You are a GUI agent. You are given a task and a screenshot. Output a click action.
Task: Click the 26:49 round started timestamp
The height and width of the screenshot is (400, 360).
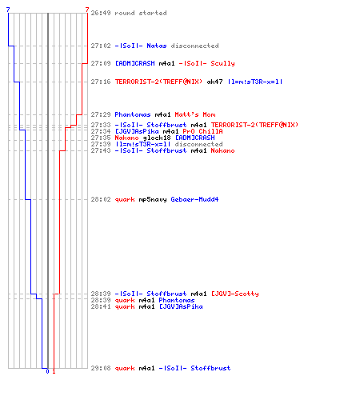tap(101, 13)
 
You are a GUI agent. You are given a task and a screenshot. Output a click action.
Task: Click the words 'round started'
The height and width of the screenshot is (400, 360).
tap(141, 13)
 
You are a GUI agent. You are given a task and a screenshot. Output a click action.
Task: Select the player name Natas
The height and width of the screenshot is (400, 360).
tap(157, 46)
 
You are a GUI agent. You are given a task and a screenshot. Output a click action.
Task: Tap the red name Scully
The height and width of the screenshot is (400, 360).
tap(222, 63)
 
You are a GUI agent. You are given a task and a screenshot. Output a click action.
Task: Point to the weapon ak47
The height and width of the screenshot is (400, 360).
tap(214, 82)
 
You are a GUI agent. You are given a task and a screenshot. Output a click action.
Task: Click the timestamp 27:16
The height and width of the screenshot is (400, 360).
tap(101, 82)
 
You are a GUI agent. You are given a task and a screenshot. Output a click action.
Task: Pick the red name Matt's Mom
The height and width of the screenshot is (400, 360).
tap(195, 114)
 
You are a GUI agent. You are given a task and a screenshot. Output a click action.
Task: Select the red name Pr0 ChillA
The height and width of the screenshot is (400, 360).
tap(202, 131)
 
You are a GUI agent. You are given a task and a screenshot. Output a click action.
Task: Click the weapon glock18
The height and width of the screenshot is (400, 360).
tap(157, 138)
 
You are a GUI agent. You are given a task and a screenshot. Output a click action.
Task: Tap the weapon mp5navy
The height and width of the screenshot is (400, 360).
tap(153, 199)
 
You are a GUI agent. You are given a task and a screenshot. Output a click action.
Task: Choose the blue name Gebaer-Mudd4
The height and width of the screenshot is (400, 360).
tap(194, 199)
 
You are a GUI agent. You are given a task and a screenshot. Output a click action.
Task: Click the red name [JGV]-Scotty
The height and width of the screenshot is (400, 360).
tap(235, 294)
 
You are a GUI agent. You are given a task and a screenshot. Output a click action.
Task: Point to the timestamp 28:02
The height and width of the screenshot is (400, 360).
tap(101, 199)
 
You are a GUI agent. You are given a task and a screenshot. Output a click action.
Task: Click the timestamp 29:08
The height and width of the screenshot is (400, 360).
tap(101, 368)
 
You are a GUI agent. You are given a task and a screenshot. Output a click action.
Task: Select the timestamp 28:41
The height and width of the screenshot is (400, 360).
tap(101, 306)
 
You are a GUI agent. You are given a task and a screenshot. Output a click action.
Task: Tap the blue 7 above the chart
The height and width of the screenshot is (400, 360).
tap(8, 10)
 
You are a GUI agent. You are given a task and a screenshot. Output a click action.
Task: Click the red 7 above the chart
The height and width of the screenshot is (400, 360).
tap(87, 10)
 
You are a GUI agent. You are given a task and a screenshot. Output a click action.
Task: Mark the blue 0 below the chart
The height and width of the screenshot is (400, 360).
tap(47, 371)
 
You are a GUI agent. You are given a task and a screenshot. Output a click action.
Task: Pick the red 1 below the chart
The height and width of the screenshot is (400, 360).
tap(54, 371)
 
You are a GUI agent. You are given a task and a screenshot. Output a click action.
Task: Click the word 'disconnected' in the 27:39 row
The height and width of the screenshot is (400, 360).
tap(198, 144)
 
